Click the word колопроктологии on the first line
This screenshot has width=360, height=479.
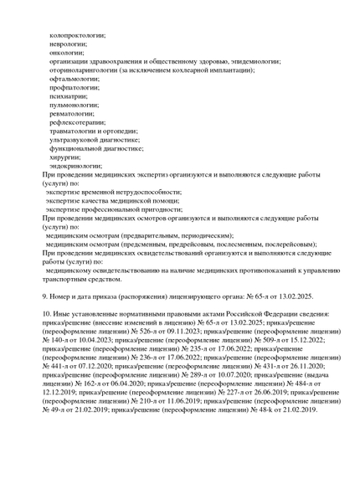(x=78, y=36)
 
